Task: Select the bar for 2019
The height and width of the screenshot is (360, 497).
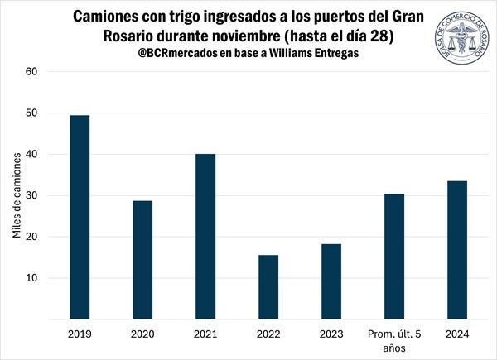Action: click(x=80, y=217)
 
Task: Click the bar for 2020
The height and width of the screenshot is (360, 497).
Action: click(x=142, y=260)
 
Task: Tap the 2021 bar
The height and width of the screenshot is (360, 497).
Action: click(x=205, y=236)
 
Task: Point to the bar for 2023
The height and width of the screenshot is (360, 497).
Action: click(x=331, y=281)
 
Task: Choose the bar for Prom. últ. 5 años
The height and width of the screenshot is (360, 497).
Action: click(x=394, y=257)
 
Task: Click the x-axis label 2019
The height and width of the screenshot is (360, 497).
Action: click(x=80, y=334)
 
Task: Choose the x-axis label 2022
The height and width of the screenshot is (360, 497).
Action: click(x=268, y=334)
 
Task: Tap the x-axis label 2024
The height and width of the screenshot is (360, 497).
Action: click(x=457, y=334)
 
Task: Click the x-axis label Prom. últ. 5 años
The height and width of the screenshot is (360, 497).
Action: click(x=394, y=341)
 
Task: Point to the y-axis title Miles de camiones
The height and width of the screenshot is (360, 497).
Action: click(x=17, y=196)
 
